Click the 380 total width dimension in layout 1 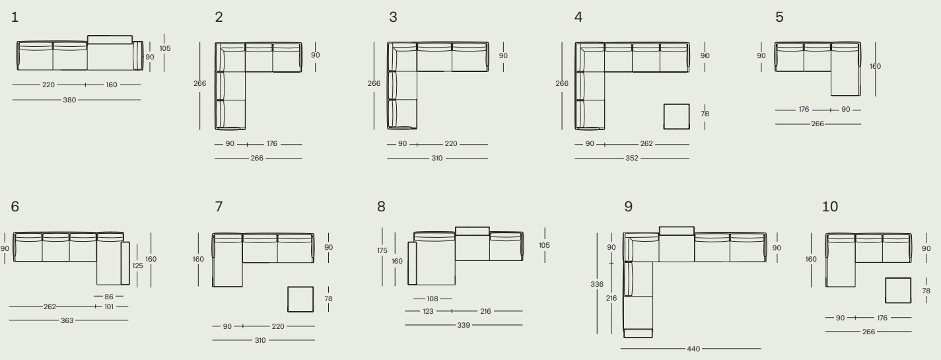[x=69, y=100]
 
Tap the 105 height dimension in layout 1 [x=165, y=48]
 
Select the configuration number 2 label [x=219, y=17]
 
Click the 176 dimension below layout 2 [x=272, y=143]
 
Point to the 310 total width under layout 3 [x=437, y=159]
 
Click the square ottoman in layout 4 [x=676, y=117]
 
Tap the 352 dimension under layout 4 [x=632, y=158]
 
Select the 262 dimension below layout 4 [x=646, y=143]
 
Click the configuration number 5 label [x=779, y=17]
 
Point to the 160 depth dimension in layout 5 [x=875, y=66]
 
